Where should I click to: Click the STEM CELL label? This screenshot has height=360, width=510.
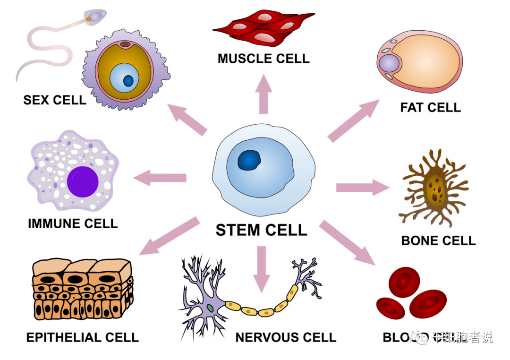tap(261, 230)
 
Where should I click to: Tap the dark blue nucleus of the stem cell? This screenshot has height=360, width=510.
tap(249, 160)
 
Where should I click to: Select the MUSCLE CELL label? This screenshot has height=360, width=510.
tap(263, 59)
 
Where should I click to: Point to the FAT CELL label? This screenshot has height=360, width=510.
tap(430, 108)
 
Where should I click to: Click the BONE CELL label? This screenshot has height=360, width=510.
tap(438, 240)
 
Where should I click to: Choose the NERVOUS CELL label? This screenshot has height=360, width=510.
tap(286, 337)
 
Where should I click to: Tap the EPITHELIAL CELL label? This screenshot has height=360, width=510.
tap(83, 337)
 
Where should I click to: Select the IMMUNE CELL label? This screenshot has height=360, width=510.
tap(73, 223)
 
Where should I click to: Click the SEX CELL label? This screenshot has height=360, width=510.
tap(55, 100)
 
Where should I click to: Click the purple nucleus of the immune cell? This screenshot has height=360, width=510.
tap(83, 182)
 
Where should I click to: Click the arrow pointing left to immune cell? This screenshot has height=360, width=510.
tap(161, 178)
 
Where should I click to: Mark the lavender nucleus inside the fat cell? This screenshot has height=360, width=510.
tap(390, 64)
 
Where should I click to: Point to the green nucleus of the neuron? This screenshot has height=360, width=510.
tap(210, 308)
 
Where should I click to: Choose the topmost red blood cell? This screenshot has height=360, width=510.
tap(404, 283)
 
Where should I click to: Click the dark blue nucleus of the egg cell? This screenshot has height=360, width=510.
tap(128, 81)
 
